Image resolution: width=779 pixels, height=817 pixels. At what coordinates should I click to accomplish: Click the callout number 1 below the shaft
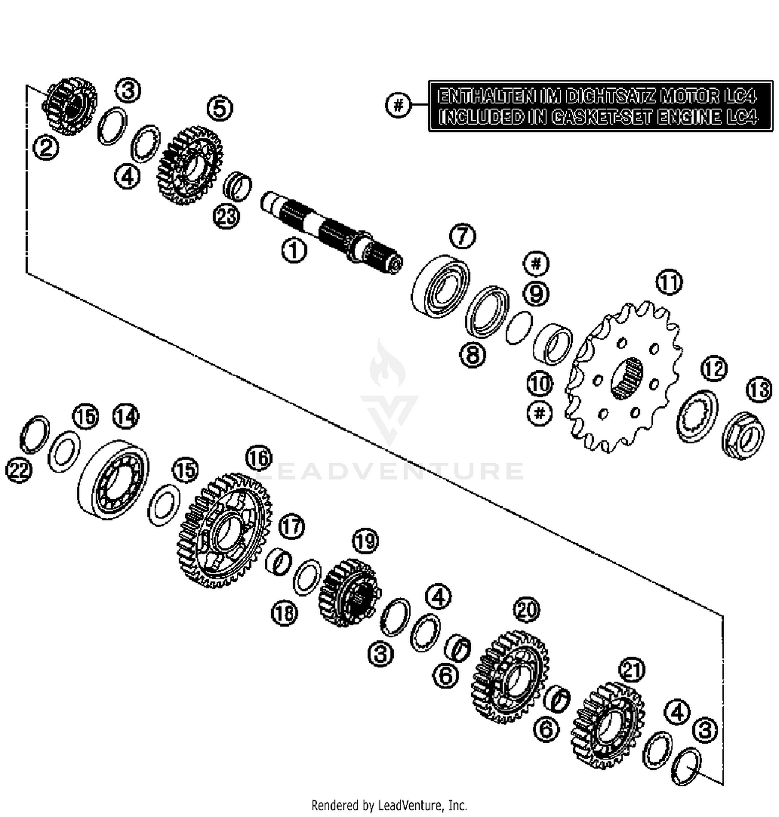pyautogui.click(x=294, y=251)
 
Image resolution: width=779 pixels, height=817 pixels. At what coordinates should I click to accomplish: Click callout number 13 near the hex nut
pyautogui.click(x=759, y=390)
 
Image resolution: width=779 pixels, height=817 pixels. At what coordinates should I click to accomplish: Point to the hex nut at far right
pyautogui.click(x=743, y=435)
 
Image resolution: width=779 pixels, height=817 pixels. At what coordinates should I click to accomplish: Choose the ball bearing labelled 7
pyautogui.click(x=440, y=285)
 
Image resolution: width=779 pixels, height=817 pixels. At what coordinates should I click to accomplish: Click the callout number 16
pyautogui.click(x=259, y=458)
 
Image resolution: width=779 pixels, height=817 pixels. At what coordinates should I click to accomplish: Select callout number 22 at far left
pyautogui.click(x=19, y=471)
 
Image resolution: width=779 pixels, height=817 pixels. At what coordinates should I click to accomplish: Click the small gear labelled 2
pyautogui.click(x=69, y=106)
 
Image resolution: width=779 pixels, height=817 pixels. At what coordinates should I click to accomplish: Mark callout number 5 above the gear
pyautogui.click(x=220, y=109)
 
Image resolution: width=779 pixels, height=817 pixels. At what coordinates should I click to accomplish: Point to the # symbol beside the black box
pyautogui.click(x=398, y=105)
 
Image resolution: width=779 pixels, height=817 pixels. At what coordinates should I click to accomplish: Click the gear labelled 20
pyautogui.click(x=510, y=677)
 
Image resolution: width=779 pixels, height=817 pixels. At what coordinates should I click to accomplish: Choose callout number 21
pyautogui.click(x=632, y=670)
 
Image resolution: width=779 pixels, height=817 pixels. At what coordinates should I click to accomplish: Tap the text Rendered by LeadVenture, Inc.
pyautogui.click(x=389, y=806)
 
